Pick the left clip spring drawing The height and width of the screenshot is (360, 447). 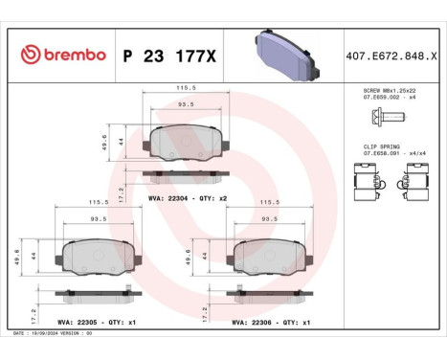coord(366,179)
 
